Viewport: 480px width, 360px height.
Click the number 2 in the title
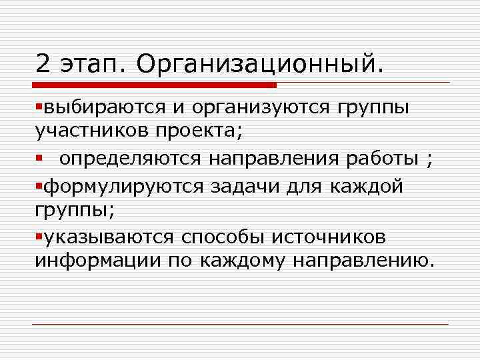pos(43,65)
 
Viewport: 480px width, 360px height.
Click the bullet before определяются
pos(39,158)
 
